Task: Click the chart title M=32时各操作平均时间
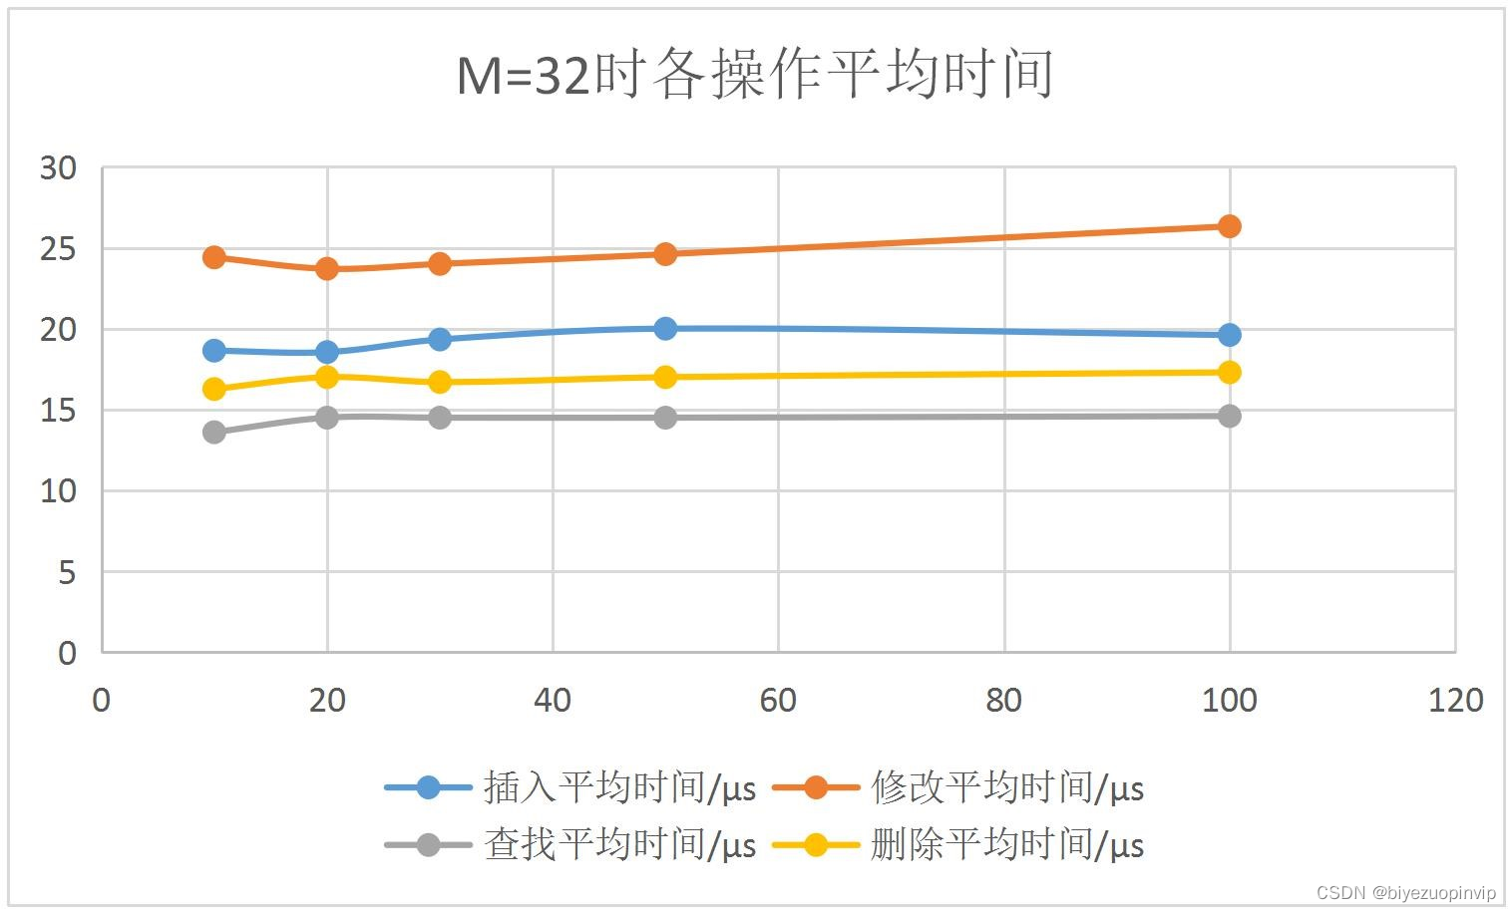point(755,76)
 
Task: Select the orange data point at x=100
point(1229,226)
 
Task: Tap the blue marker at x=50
point(665,329)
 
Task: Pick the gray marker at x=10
point(214,432)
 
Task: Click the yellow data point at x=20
point(327,377)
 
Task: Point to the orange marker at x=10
point(214,257)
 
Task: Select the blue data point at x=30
point(440,340)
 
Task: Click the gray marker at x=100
point(1229,416)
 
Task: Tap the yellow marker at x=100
point(1229,373)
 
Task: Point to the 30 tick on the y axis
point(58,168)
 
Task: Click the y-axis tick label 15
point(58,411)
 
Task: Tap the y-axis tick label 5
point(66,572)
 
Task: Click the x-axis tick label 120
point(1455,701)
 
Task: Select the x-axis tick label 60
point(778,701)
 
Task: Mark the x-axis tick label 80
point(1003,701)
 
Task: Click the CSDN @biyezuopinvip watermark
point(1405,893)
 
